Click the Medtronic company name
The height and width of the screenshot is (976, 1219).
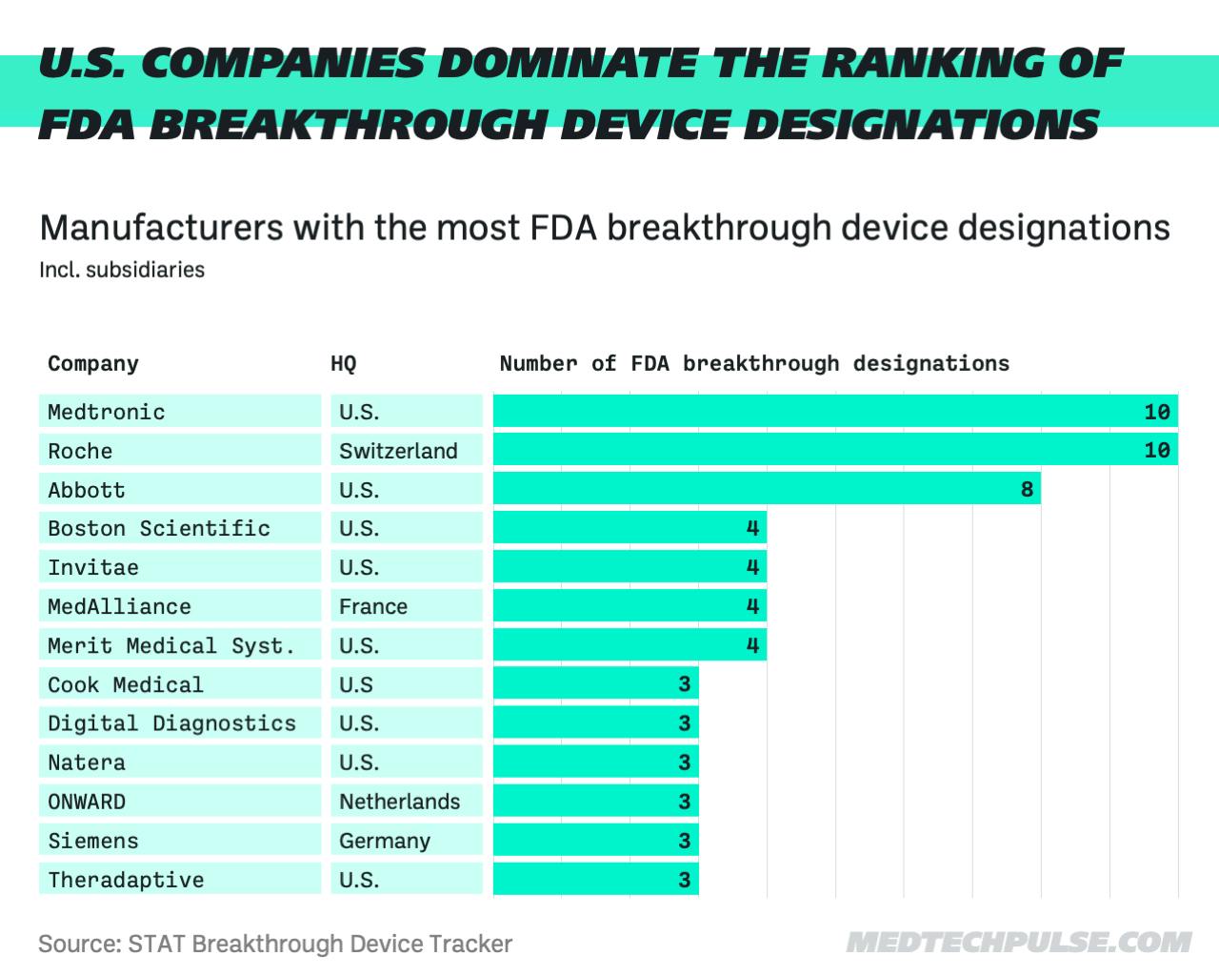(107, 412)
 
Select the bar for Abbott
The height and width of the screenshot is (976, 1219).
(767, 489)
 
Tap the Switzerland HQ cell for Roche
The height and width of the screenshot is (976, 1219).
(398, 451)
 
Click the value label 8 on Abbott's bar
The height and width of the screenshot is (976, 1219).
(1026, 490)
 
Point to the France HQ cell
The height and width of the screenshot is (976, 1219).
(373, 606)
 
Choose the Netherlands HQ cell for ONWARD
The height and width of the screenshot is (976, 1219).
(399, 802)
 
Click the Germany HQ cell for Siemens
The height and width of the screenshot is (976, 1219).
(385, 841)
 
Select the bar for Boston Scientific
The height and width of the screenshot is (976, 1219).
(629, 528)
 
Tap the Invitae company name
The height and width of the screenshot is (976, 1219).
(93, 567)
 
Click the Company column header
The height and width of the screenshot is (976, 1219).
(93, 363)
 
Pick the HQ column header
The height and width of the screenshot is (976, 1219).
(343, 363)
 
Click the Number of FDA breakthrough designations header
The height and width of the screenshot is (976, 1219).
(754, 363)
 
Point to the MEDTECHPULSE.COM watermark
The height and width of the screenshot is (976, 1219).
(1018, 943)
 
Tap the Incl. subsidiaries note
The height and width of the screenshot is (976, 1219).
(122, 270)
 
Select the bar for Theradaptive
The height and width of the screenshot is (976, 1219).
(595, 879)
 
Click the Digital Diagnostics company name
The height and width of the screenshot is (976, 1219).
(172, 723)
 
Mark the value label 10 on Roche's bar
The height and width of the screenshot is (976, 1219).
(1156, 450)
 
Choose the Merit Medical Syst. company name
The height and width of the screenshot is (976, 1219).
(171, 645)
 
